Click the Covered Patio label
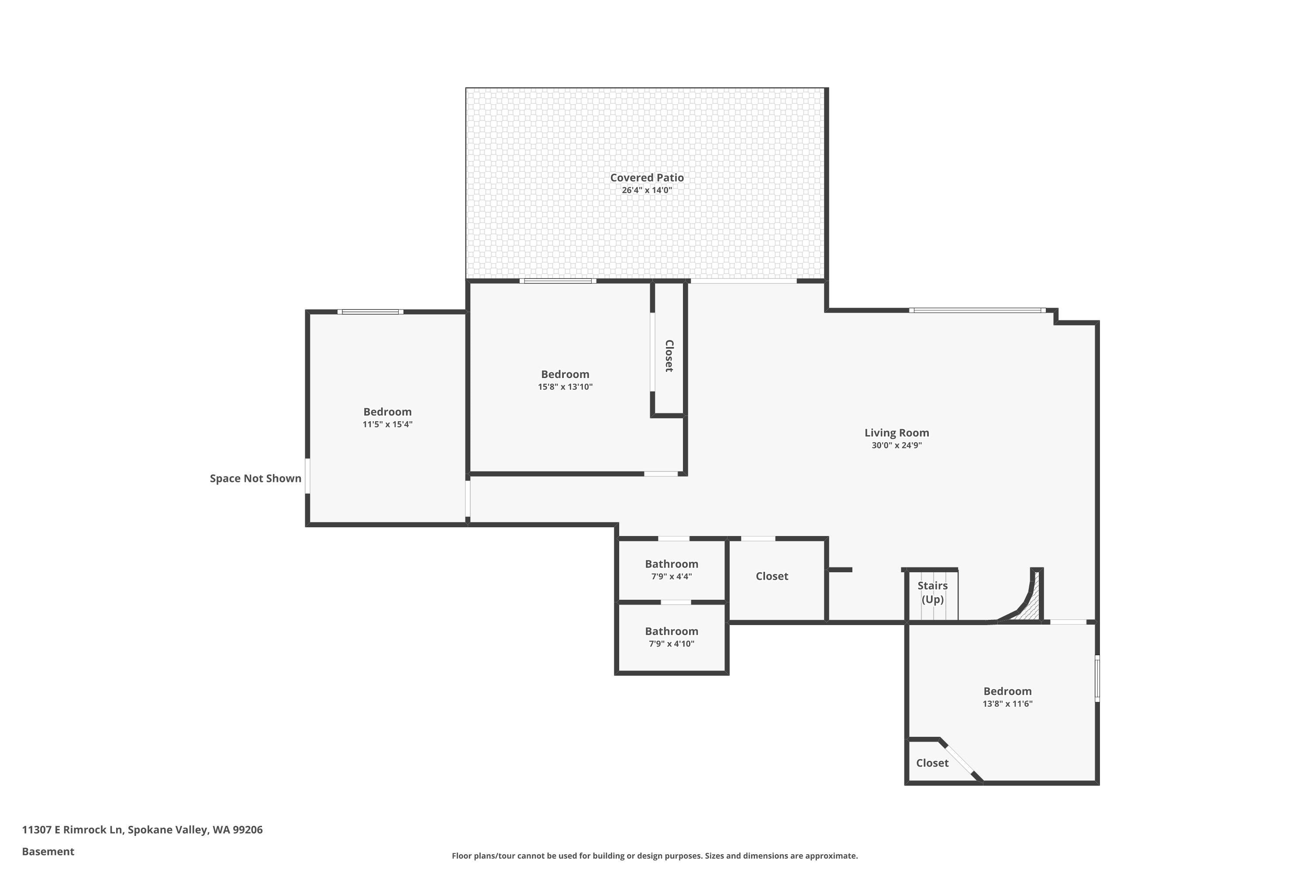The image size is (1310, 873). (647, 178)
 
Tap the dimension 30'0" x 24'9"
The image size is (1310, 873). (896, 445)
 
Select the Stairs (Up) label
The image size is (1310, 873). (932, 592)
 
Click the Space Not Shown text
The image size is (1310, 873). (255, 478)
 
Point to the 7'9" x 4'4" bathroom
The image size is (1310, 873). (671, 570)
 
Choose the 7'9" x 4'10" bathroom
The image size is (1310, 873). (671, 637)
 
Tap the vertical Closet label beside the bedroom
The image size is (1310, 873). (669, 356)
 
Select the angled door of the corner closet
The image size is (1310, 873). (959, 760)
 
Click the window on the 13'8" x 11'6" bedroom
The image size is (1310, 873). (1097, 678)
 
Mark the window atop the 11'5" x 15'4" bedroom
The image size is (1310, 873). (370, 312)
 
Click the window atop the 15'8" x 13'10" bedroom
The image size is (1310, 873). (558, 281)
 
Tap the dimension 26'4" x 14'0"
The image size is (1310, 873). (647, 190)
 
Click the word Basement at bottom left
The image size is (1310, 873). (48, 851)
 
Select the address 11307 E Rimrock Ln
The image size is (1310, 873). (142, 830)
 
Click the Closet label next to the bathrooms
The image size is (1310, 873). (772, 576)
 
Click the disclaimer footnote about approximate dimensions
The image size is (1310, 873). (655, 856)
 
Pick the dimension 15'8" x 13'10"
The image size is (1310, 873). (565, 387)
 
